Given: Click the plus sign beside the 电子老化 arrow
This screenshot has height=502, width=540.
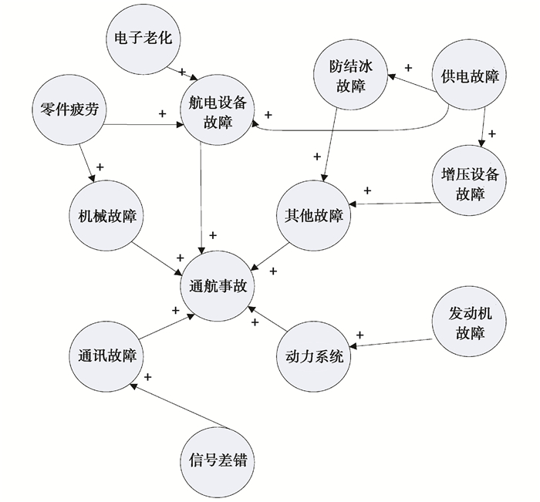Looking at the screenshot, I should [x=183, y=71].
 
